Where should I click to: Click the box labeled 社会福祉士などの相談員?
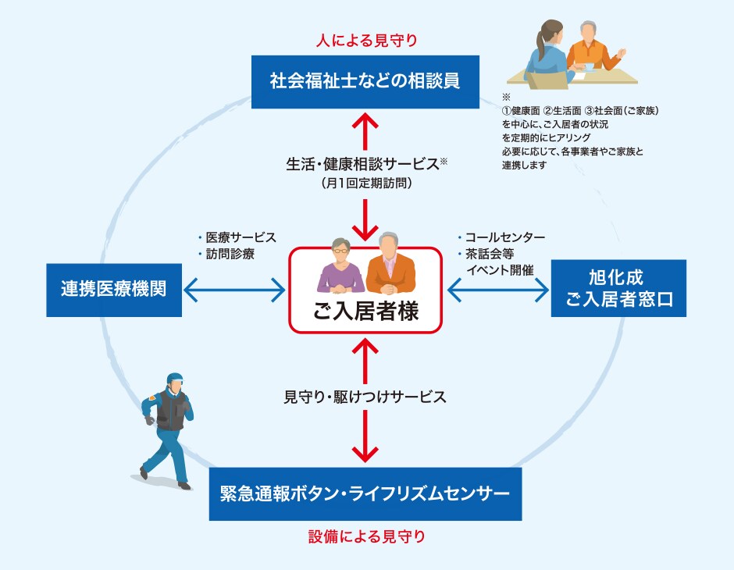pos(365,81)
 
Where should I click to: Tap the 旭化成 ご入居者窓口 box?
pos(618,288)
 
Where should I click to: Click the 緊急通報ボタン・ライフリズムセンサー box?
pos(365,493)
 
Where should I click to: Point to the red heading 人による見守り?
pos(365,39)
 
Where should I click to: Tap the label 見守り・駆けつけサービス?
pos(365,397)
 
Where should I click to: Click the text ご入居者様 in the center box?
pos(365,312)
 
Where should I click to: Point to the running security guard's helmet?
pos(174,379)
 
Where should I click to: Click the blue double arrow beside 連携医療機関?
pos(234,290)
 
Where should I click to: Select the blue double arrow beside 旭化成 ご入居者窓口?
pos(498,290)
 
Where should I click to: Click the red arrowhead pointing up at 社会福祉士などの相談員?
pos(365,119)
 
